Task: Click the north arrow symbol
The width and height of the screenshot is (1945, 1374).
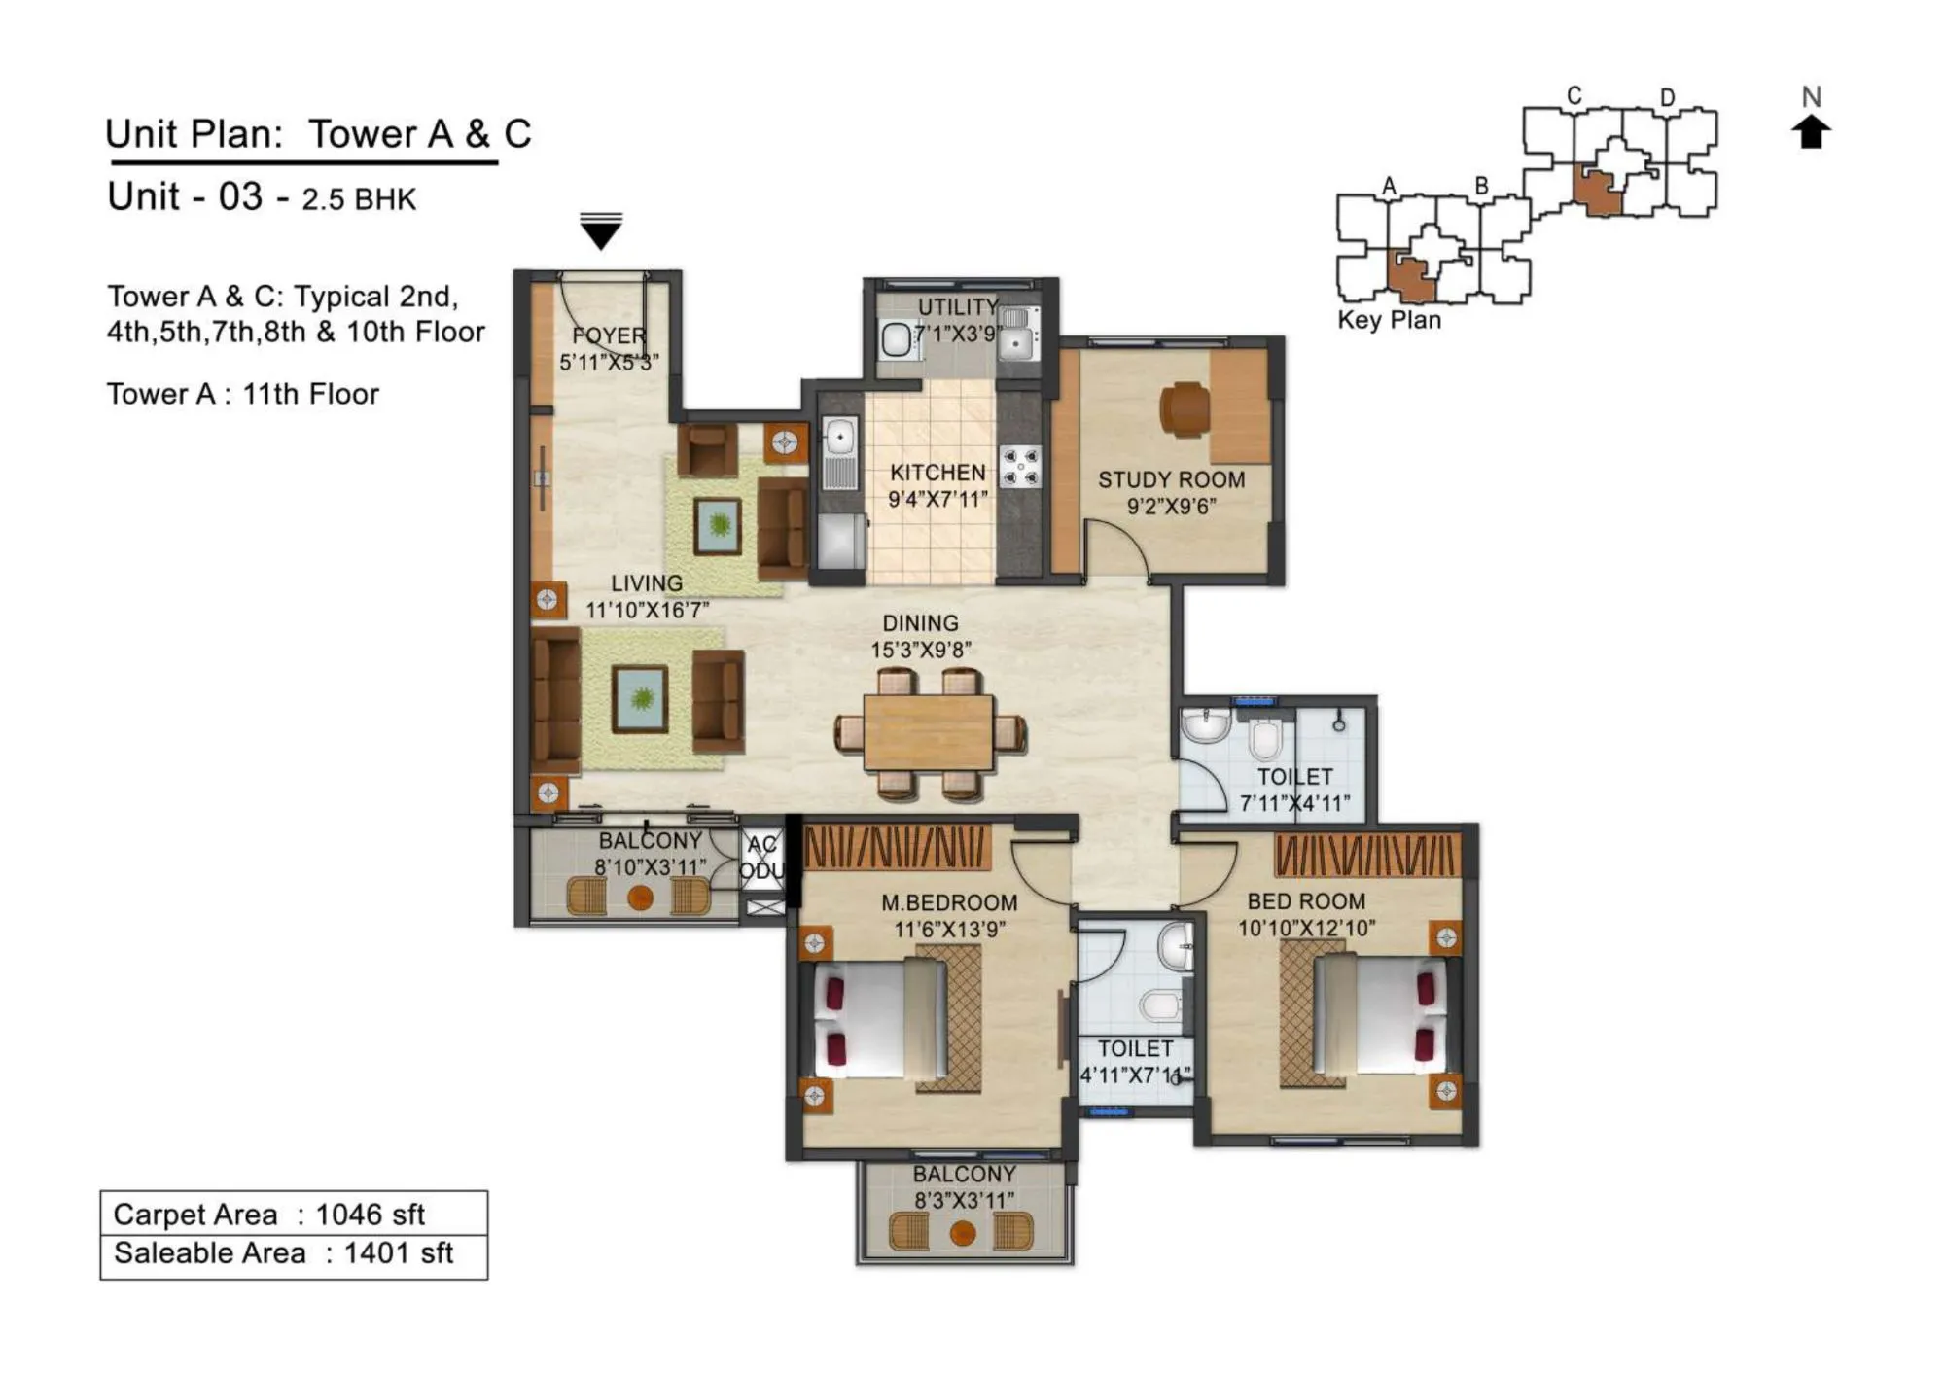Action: point(1811,131)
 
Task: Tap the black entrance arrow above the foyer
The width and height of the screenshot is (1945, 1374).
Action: point(600,232)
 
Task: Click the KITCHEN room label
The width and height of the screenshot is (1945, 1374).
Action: point(937,473)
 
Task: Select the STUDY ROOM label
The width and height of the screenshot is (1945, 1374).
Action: point(1171,479)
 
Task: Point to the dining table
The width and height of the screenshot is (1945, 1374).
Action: point(929,732)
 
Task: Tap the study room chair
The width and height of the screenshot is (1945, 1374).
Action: point(1184,407)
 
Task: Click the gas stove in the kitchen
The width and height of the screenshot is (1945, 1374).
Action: point(1020,466)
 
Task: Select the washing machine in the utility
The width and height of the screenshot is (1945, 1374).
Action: point(896,340)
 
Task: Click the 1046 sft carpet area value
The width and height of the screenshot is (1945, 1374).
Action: point(371,1215)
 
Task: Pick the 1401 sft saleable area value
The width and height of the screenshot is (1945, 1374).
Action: point(399,1253)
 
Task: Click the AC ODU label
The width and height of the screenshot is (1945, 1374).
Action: point(762,858)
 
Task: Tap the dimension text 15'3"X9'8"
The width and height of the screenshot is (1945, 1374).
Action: point(920,650)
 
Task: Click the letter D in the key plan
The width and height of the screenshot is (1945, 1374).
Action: point(1667,97)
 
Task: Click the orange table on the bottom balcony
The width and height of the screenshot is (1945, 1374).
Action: point(963,1234)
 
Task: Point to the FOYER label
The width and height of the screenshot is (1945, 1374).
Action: point(609,335)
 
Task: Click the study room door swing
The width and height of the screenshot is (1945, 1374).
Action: point(1116,549)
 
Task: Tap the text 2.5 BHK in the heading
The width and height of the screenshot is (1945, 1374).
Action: point(359,199)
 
